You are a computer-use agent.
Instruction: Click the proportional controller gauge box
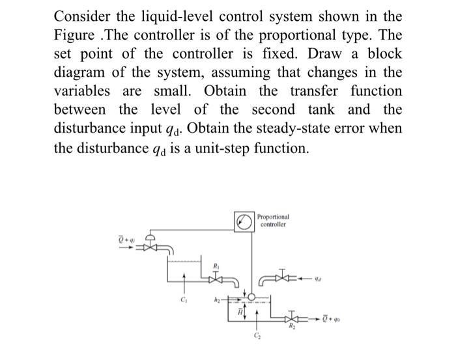click(x=245, y=221)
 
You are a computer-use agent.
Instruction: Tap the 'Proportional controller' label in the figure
click(x=274, y=220)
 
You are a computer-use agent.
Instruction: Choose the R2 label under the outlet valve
click(x=310, y=330)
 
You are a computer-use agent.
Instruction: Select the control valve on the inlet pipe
click(x=151, y=249)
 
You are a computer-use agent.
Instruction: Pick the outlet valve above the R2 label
click(x=310, y=319)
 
